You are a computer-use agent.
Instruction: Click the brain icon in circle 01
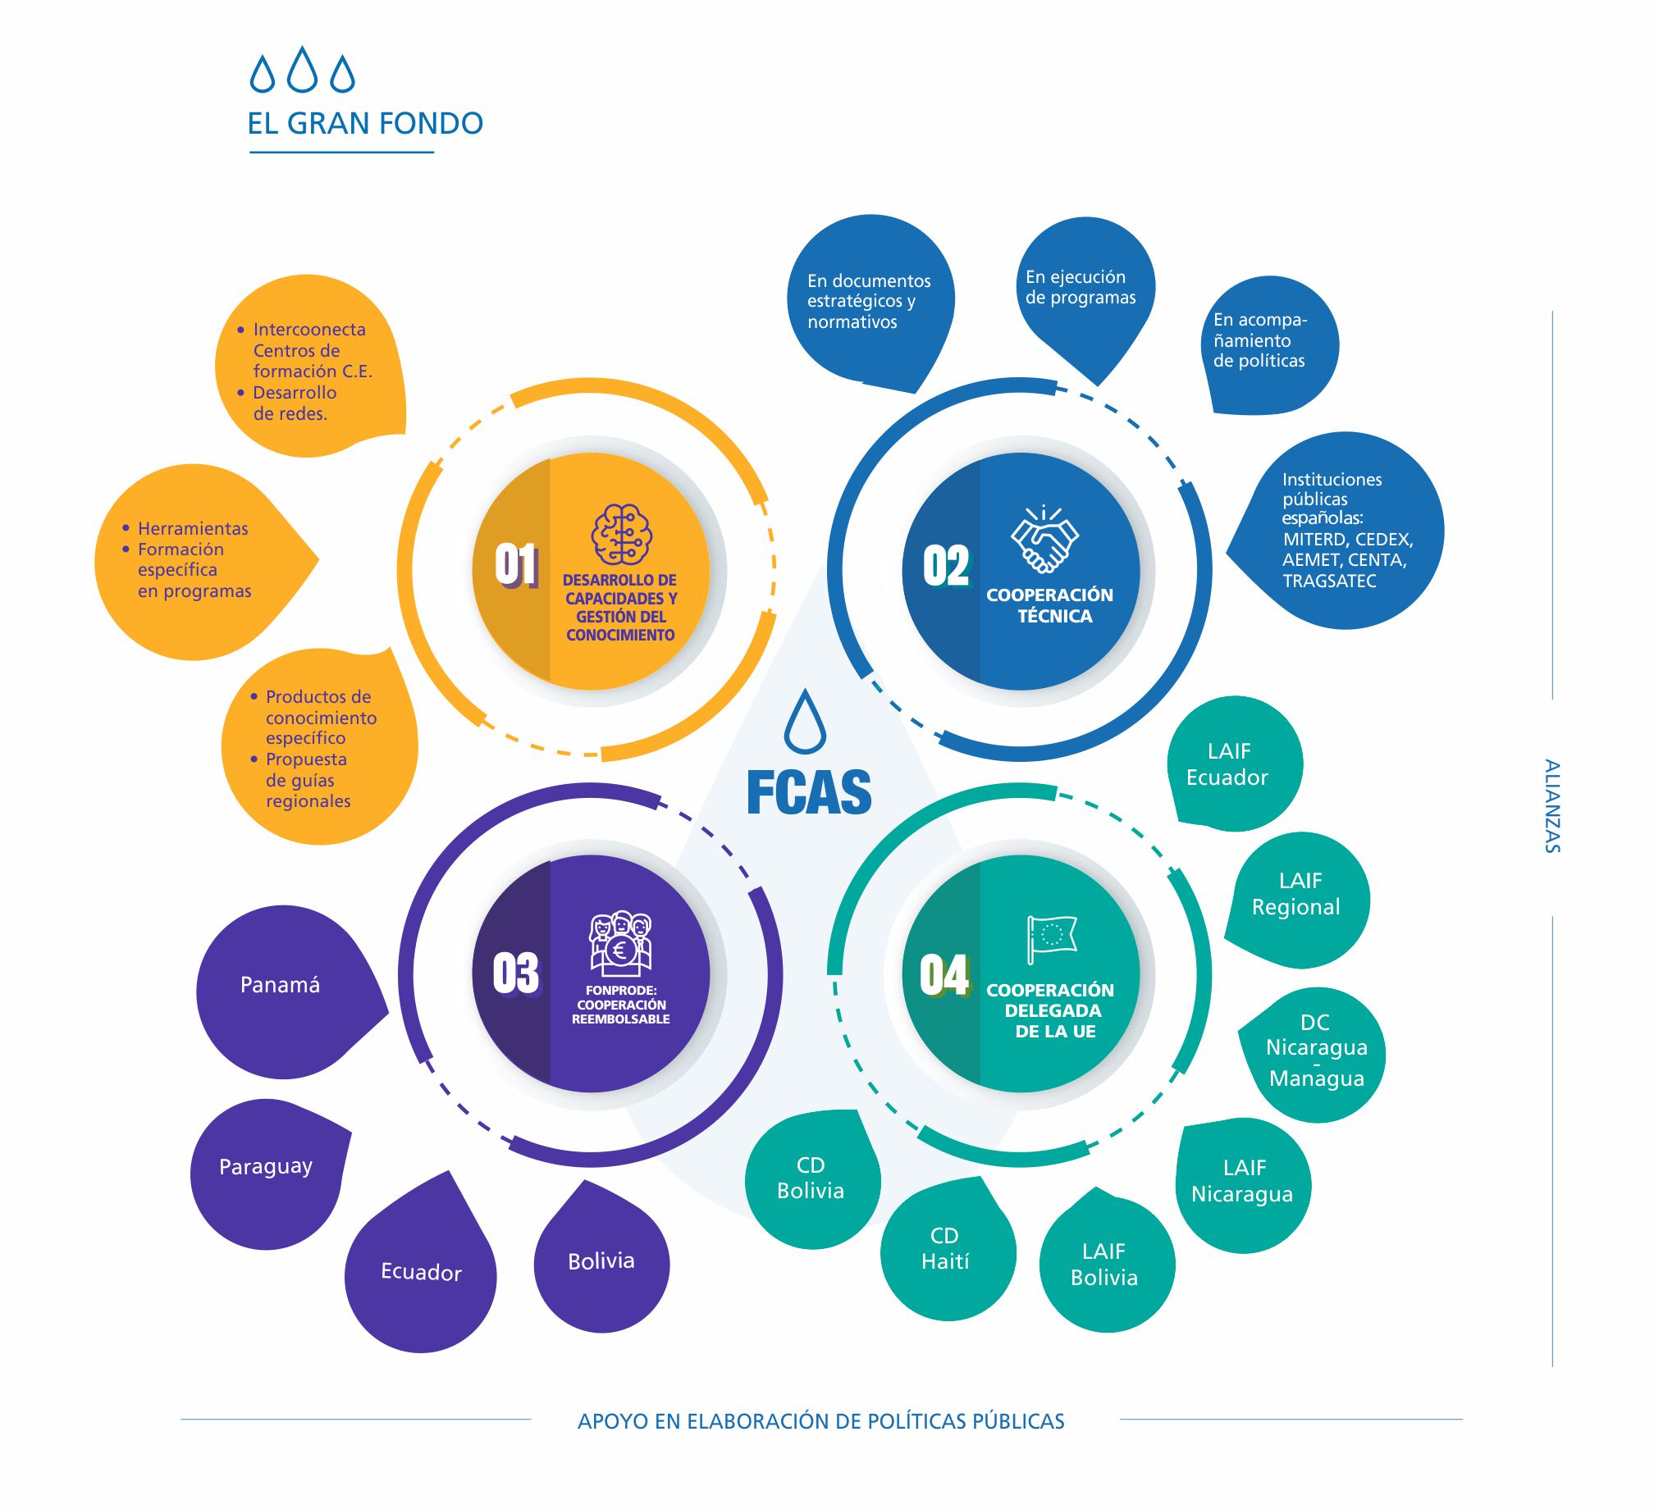tap(621, 534)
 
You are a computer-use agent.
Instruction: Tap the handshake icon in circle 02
tap(1044, 539)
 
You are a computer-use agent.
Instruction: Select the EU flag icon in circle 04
tap(1051, 937)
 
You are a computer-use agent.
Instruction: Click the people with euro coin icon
tap(620, 942)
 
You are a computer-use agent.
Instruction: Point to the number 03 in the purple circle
tap(515, 973)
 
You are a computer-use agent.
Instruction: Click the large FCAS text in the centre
tap(809, 792)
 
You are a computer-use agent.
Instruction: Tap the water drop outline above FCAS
tap(804, 722)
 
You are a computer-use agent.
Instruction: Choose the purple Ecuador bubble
tap(421, 1273)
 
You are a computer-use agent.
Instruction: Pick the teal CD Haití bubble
tap(946, 1250)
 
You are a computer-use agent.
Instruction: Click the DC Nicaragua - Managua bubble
tap(1316, 1051)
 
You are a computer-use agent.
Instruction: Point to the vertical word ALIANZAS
tap(1551, 806)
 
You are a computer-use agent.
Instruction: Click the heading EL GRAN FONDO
tap(365, 124)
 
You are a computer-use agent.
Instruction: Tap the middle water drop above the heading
tap(303, 69)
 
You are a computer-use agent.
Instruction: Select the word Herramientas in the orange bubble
tap(193, 529)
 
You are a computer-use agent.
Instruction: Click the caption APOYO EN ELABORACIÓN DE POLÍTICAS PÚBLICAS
tap(820, 1421)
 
